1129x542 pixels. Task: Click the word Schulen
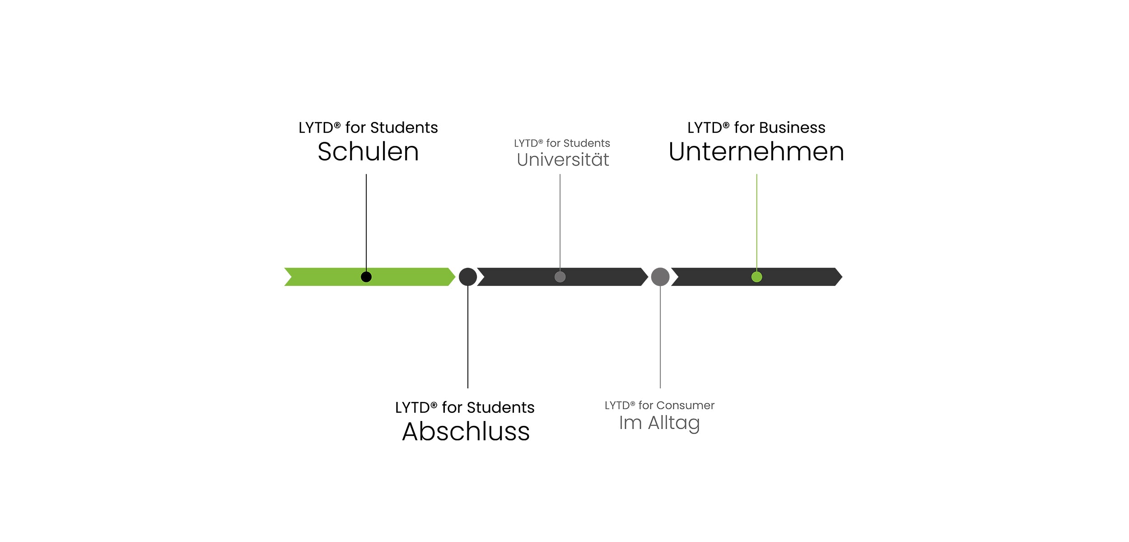pyautogui.click(x=368, y=152)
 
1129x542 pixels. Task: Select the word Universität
pyautogui.click(x=563, y=160)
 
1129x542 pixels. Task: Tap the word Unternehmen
pyautogui.click(x=756, y=152)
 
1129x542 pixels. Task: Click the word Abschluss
pyautogui.click(x=466, y=432)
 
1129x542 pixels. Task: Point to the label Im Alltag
pyautogui.click(x=659, y=423)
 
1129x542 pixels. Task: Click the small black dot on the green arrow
pyautogui.click(x=366, y=277)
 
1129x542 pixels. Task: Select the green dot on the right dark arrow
pyautogui.click(x=756, y=277)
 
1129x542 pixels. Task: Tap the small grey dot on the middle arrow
pyautogui.click(x=560, y=277)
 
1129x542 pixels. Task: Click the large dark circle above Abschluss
pyautogui.click(x=468, y=277)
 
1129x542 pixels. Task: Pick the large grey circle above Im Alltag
pyautogui.click(x=660, y=277)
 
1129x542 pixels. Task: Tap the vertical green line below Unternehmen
pyautogui.click(x=757, y=221)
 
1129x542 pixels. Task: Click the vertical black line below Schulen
pyautogui.click(x=366, y=221)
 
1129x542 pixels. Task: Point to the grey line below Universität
pyautogui.click(x=560, y=221)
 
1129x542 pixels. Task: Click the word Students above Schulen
pyautogui.click(x=404, y=128)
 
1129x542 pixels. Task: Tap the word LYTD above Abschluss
pyautogui.click(x=412, y=408)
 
